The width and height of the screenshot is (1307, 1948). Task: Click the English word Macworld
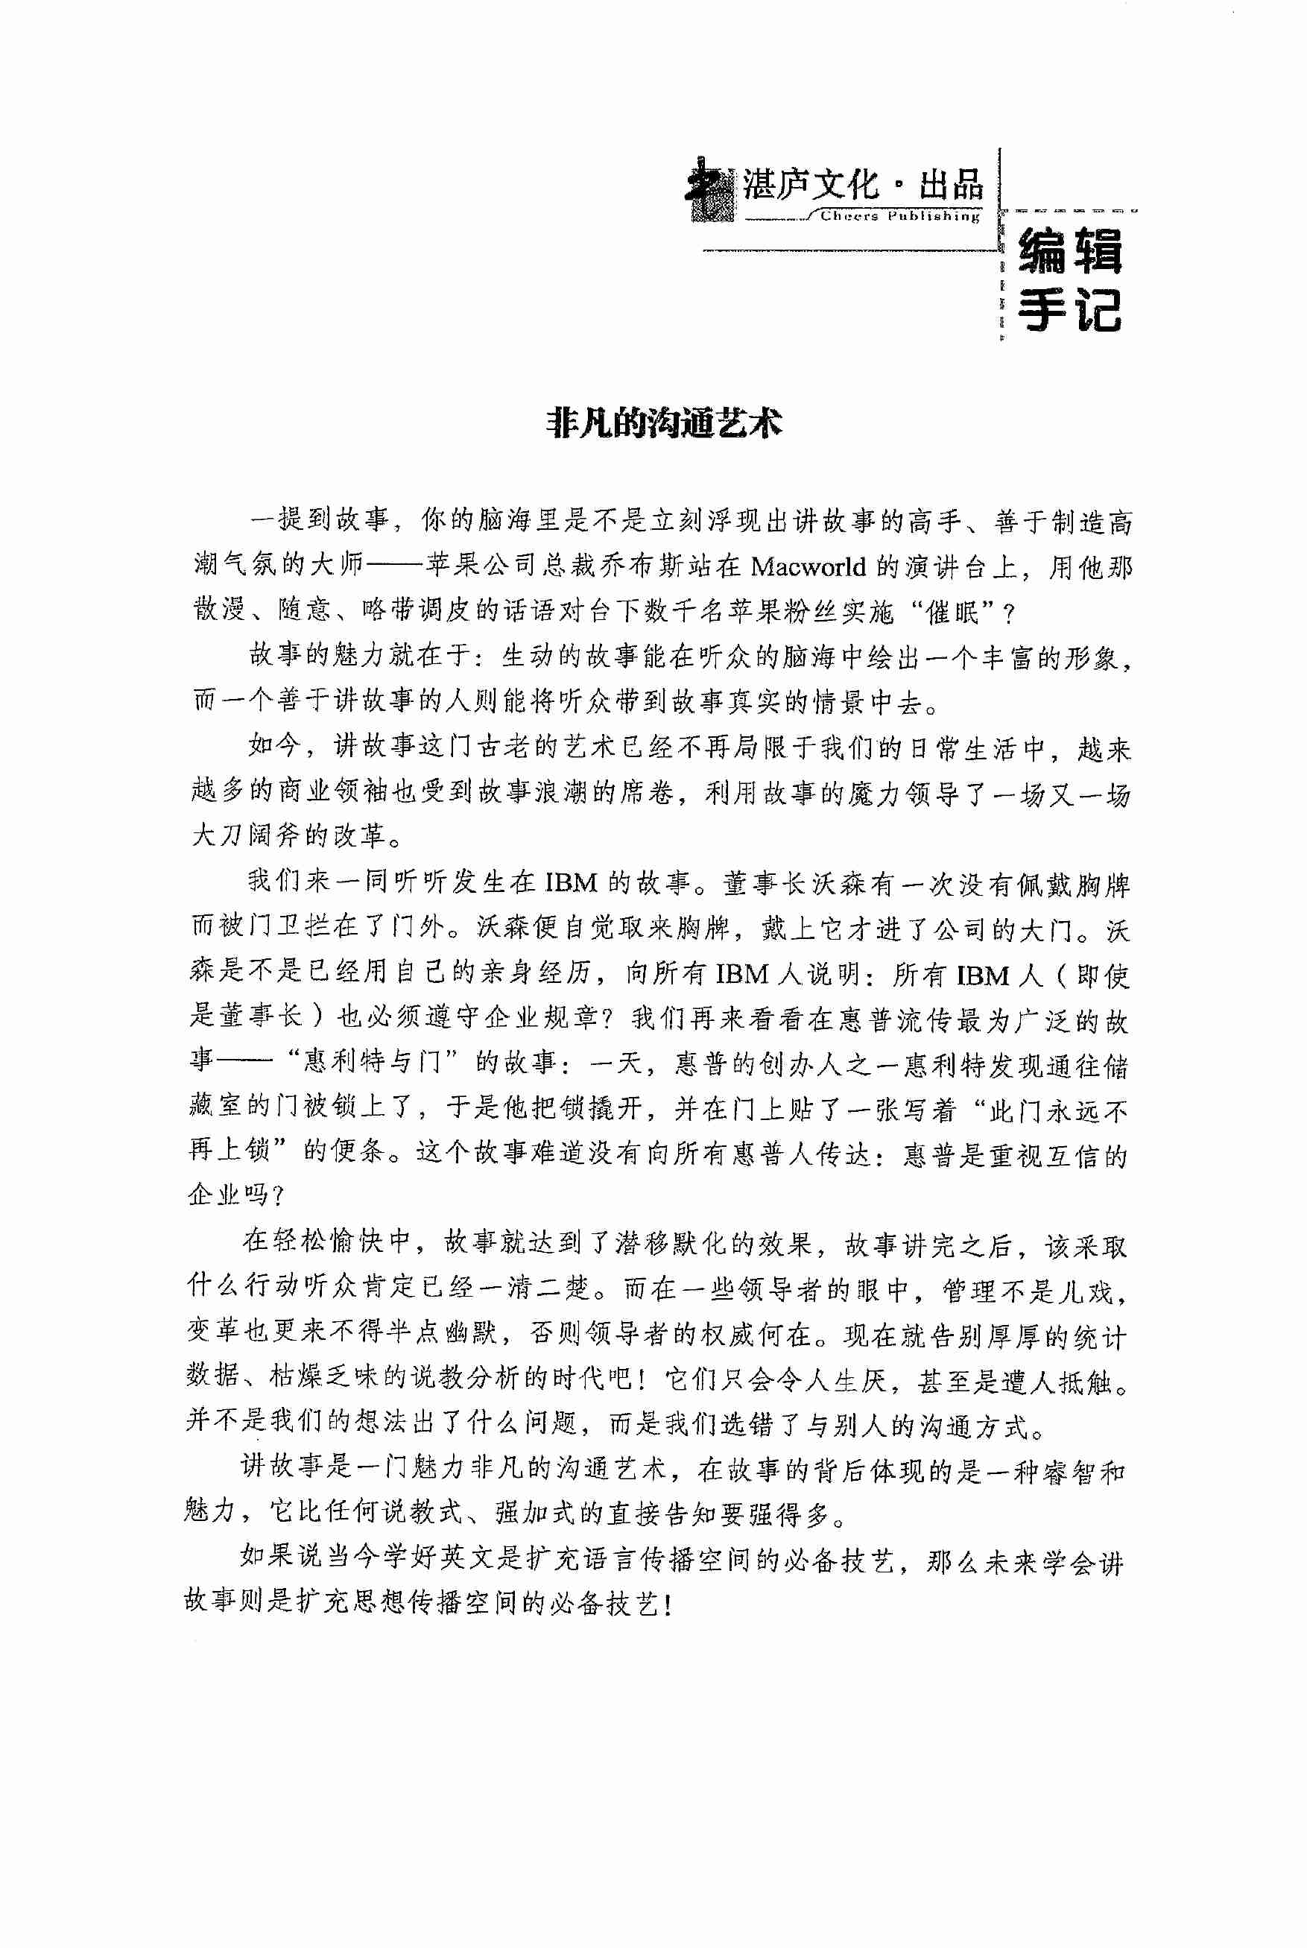[x=808, y=567]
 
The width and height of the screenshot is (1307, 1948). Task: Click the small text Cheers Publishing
[x=899, y=216]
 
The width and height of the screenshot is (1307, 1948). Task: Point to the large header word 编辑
[x=1070, y=251]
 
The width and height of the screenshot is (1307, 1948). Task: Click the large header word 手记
[x=1070, y=310]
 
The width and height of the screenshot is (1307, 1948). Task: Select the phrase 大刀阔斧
[x=247, y=835]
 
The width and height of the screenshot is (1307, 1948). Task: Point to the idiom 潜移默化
[x=673, y=1244]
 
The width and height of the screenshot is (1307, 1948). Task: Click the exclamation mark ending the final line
[x=668, y=1604]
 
